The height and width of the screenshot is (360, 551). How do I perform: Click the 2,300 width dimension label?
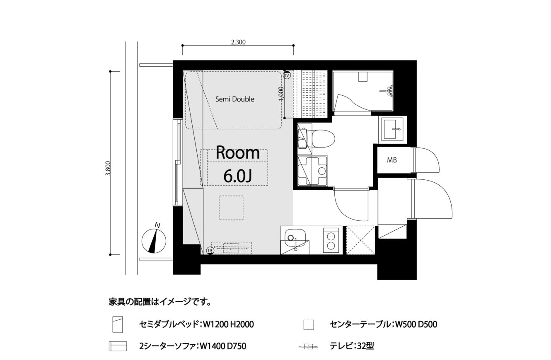coord(238,42)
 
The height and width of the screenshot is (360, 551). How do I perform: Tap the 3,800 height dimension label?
coord(108,169)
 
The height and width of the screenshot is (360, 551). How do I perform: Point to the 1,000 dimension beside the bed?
coord(282,94)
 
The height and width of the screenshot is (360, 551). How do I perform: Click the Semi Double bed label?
coord(234,99)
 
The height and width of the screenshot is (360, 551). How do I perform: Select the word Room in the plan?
coord(238,153)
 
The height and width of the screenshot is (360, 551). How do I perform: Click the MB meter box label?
coord(392,160)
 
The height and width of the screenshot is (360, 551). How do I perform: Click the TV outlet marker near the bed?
coord(287,75)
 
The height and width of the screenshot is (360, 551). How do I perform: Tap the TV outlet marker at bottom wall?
coord(210,251)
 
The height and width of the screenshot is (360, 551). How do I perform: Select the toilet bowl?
coord(323,139)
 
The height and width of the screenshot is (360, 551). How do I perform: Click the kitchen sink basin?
coord(295,237)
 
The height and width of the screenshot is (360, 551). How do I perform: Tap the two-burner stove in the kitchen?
coord(331,240)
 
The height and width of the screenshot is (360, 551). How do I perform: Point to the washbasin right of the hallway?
coord(393,129)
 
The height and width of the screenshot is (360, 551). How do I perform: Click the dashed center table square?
coord(231,208)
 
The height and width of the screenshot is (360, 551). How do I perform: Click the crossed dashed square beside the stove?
coord(360,240)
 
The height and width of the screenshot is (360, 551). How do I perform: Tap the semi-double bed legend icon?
coord(118,324)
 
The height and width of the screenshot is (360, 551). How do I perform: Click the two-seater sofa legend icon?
coord(118,346)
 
